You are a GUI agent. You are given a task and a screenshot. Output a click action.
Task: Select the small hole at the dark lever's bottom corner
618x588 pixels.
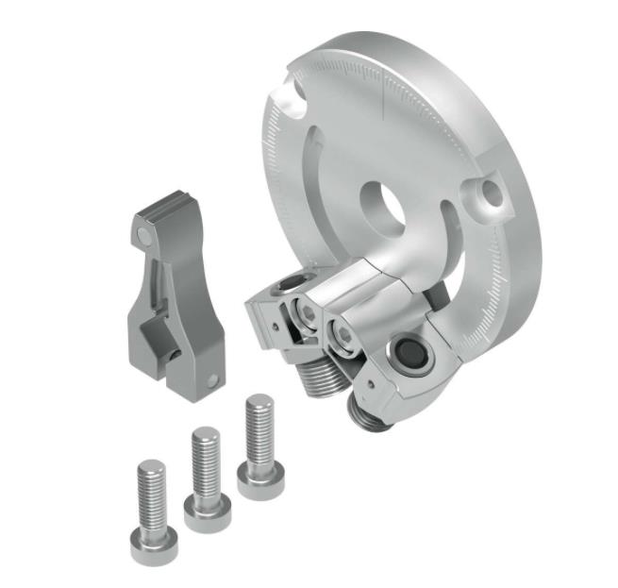(214, 381)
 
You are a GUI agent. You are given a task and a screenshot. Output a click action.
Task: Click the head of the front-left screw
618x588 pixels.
(151, 545)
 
